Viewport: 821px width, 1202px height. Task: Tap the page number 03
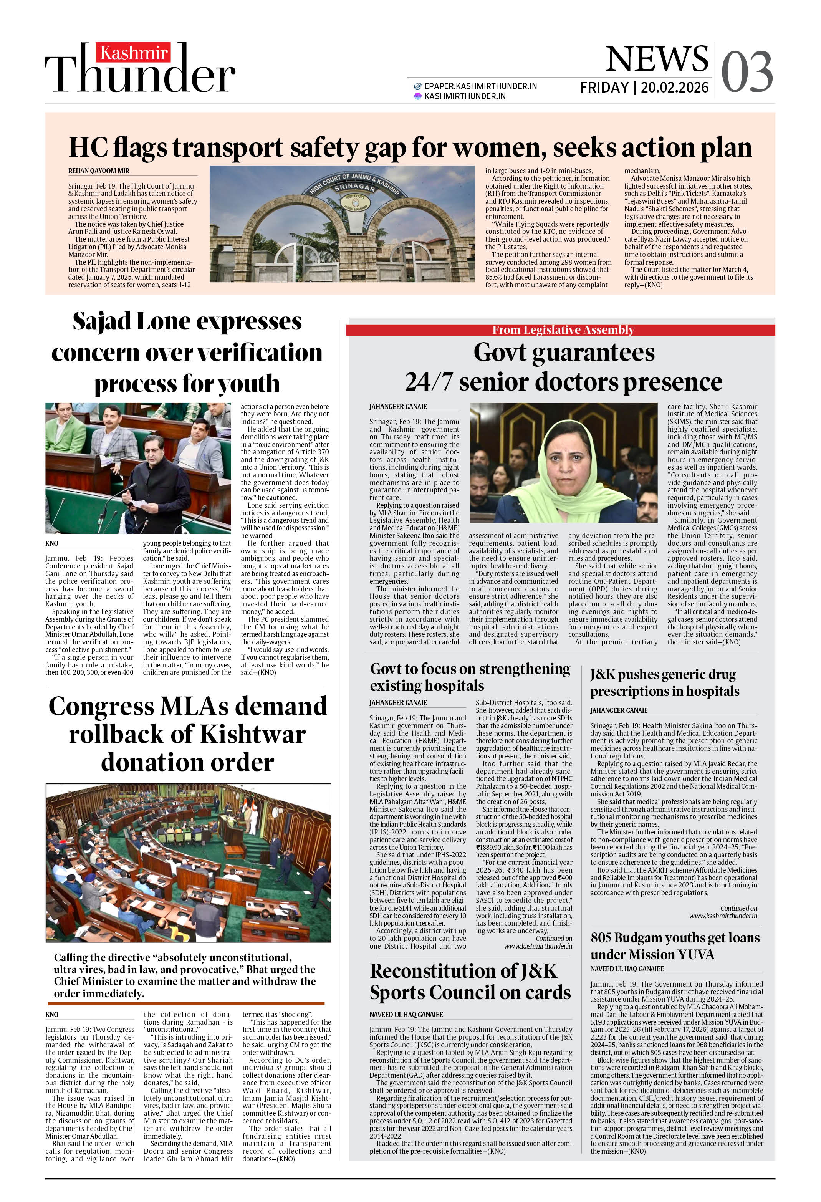[x=747, y=73]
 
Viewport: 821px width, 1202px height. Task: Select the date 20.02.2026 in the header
[x=675, y=88]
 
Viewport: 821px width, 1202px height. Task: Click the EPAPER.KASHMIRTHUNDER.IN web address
[x=480, y=86]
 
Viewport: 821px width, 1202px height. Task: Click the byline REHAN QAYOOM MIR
[x=99, y=171]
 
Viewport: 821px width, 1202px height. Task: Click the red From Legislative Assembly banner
[x=563, y=330]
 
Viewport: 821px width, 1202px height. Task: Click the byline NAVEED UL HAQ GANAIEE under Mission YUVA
[x=627, y=969]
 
